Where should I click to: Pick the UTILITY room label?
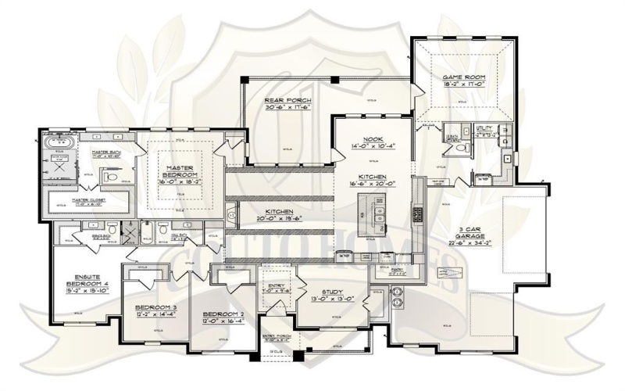click(x=484, y=127)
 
